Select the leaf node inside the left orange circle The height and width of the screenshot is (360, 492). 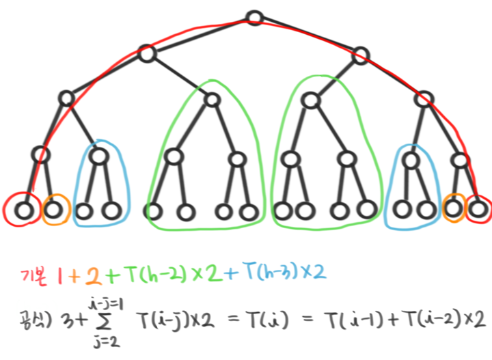tap(55, 210)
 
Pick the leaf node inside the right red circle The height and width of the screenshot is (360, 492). tap(478, 207)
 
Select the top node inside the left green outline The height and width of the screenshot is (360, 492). tap(211, 100)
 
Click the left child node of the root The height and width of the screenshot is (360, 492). tap(147, 54)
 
